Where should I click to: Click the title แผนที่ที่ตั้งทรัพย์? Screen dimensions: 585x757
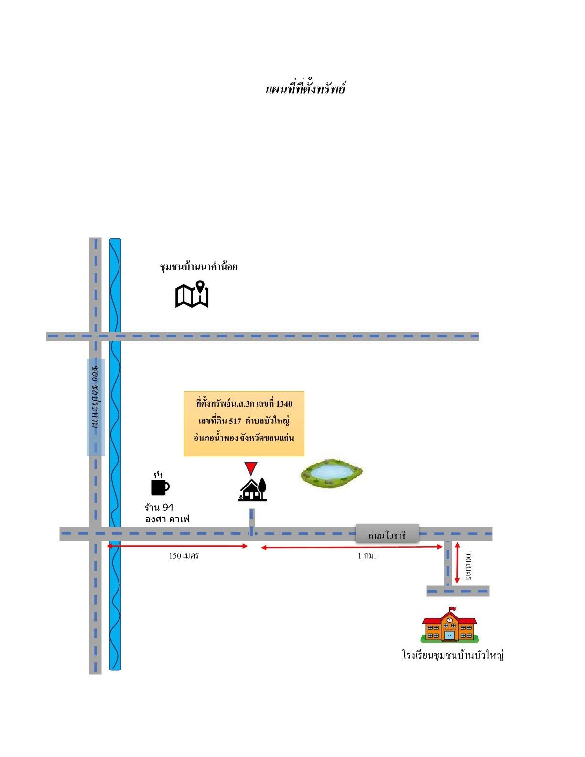pyautogui.click(x=305, y=88)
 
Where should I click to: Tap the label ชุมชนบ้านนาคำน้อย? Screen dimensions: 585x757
pyautogui.click(x=199, y=267)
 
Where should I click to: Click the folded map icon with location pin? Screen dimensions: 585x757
pyautogui.click(x=192, y=294)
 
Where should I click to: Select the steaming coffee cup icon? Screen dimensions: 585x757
pyautogui.click(x=160, y=484)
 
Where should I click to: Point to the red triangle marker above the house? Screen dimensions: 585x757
pyautogui.click(x=250, y=468)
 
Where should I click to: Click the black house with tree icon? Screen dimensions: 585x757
pyautogui.click(x=253, y=489)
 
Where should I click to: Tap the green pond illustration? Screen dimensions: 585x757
pyautogui.click(x=331, y=473)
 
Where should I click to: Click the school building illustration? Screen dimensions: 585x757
pyautogui.click(x=449, y=625)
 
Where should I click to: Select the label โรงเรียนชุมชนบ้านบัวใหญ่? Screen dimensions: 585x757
pyautogui.click(x=453, y=655)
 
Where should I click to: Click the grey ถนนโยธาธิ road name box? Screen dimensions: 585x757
pyautogui.click(x=387, y=533)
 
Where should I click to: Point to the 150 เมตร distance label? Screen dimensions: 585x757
pyautogui.click(x=184, y=556)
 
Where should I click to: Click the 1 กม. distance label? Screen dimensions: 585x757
pyautogui.click(x=367, y=556)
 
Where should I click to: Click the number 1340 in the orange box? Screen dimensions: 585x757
pyautogui.click(x=284, y=404)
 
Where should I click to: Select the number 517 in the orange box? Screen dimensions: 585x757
pyautogui.click(x=235, y=421)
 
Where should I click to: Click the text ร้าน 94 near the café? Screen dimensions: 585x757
pyautogui.click(x=159, y=507)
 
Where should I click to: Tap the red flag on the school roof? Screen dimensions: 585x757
pyautogui.click(x=452, y=608)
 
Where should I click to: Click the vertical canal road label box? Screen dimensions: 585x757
pyautogui.click(x=96, y=407)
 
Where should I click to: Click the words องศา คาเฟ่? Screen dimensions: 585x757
pyautogui.click(x=167, y=519)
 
